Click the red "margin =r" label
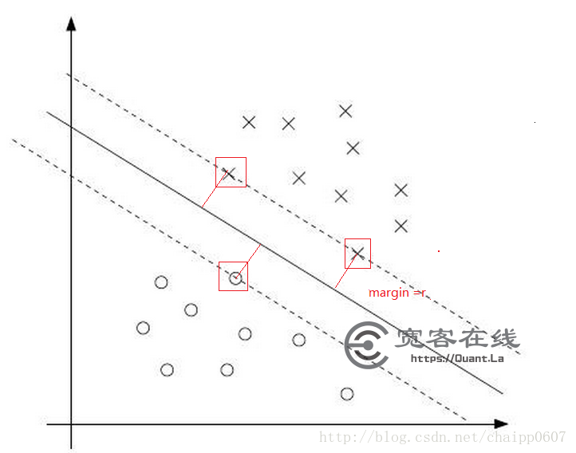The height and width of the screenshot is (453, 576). [x=397, y=293]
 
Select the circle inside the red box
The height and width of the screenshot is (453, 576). [x=235, y=278]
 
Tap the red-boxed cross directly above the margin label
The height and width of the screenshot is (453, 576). [x=357, y=254]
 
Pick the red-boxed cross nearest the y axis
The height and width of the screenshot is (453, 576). [x=229, y=173]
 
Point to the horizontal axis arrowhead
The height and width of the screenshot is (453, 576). [x=501, y=423]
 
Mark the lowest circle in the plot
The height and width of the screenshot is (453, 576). [x=346, y=394]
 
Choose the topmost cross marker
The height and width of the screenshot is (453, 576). [x=345, y=111]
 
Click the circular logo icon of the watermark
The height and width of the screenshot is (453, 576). [x=366, y=345]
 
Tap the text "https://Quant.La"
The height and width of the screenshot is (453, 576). [x=457, y=358]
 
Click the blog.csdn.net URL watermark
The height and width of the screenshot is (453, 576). [x=442, y=437]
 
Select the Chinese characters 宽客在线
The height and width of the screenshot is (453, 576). [x=457, y=338]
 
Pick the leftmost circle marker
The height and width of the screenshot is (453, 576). [x=144, y=327]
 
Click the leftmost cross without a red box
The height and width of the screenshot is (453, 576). [x=249, y=122]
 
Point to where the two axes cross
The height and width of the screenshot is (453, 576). [x=72, y=423]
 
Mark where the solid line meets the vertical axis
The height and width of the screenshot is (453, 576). [x=72, y=127]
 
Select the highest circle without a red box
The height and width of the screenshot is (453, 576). [x=161, y=282]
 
